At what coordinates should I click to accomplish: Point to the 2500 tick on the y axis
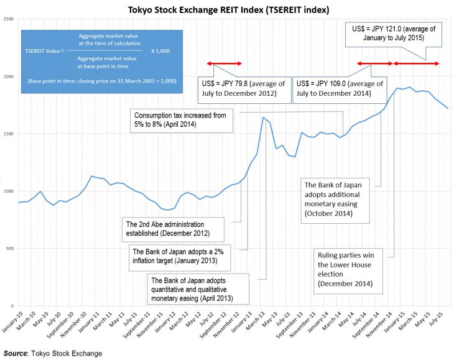coord(9,19)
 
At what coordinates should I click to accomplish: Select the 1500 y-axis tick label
coord(9,134)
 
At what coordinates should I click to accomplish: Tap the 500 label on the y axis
coord(10,249)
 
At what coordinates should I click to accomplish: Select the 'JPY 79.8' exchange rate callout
coord(243,88)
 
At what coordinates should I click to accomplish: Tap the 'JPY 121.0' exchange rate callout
coord(393,33)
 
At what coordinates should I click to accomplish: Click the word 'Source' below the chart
coord(15,353)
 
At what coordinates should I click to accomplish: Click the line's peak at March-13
coord(263,118)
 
